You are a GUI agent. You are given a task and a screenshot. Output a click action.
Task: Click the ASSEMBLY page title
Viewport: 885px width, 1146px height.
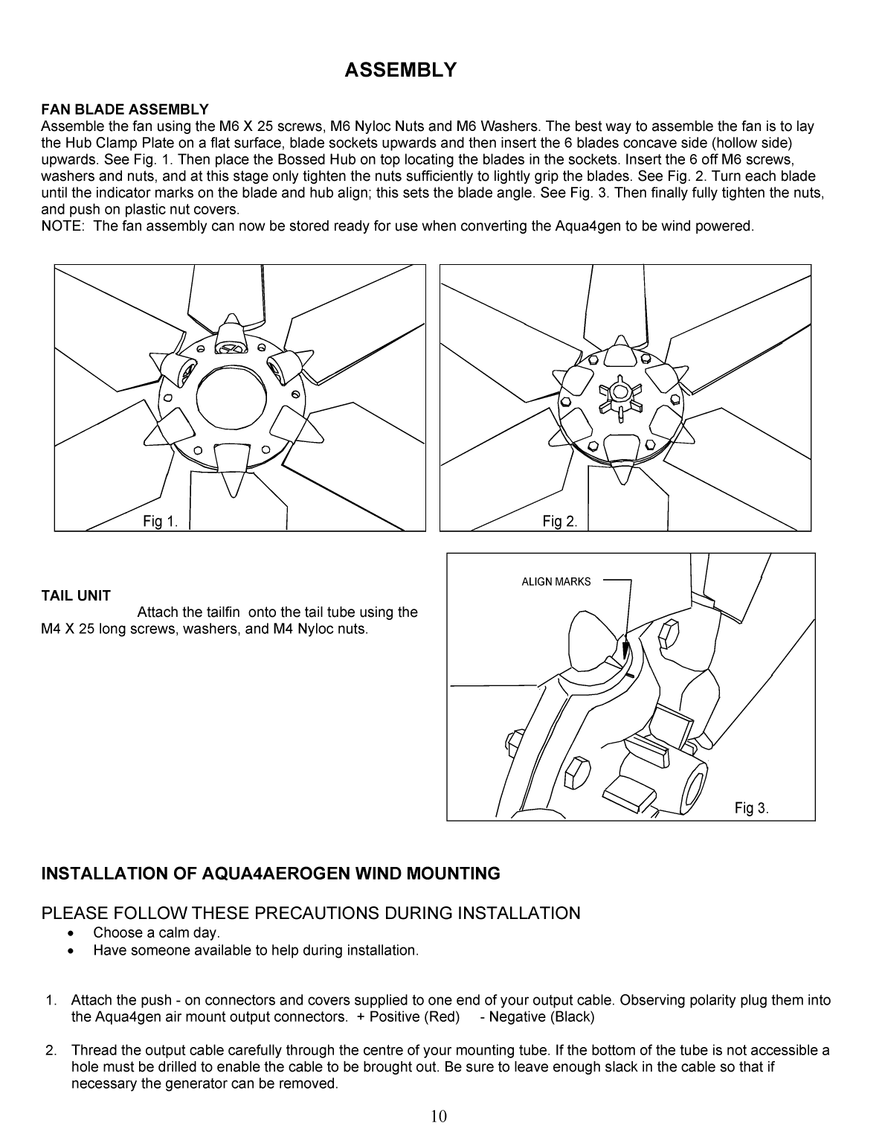click(400, 70)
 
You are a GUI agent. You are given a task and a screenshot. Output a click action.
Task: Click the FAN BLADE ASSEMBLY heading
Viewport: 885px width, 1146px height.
click(125, 110)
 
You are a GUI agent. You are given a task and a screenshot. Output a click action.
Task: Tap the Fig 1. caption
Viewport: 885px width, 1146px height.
click(161, 522)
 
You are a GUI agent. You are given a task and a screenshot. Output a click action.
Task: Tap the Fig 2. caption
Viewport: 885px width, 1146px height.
click(560, 522)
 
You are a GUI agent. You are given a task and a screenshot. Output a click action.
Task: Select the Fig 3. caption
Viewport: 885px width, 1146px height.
click(751, 808)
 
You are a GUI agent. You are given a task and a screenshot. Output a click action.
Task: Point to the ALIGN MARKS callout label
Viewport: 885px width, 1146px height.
click(556, 582)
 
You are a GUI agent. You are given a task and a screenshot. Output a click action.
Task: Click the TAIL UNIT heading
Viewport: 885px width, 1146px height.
click(76, 595)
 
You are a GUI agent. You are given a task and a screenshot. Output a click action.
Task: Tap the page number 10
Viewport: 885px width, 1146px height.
click(439, 1115)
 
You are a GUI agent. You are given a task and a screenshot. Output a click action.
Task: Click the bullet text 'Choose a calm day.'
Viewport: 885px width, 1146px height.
click(157, 932)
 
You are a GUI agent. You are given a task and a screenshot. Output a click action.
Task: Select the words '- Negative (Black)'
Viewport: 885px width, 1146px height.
click(537, 1017)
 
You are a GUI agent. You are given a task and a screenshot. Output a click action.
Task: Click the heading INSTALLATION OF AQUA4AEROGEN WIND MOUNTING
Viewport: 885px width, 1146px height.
click(271, 874)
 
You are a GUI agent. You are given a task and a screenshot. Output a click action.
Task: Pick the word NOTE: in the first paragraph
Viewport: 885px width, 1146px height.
click(62, 225)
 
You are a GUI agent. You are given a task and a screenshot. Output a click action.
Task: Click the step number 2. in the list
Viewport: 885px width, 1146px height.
click(51, 1051)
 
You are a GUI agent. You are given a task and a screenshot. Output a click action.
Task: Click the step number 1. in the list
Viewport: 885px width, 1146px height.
click(51, 1001)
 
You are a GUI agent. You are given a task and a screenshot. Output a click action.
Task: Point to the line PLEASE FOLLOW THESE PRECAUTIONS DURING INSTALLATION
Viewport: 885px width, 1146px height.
click(311, 913)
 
